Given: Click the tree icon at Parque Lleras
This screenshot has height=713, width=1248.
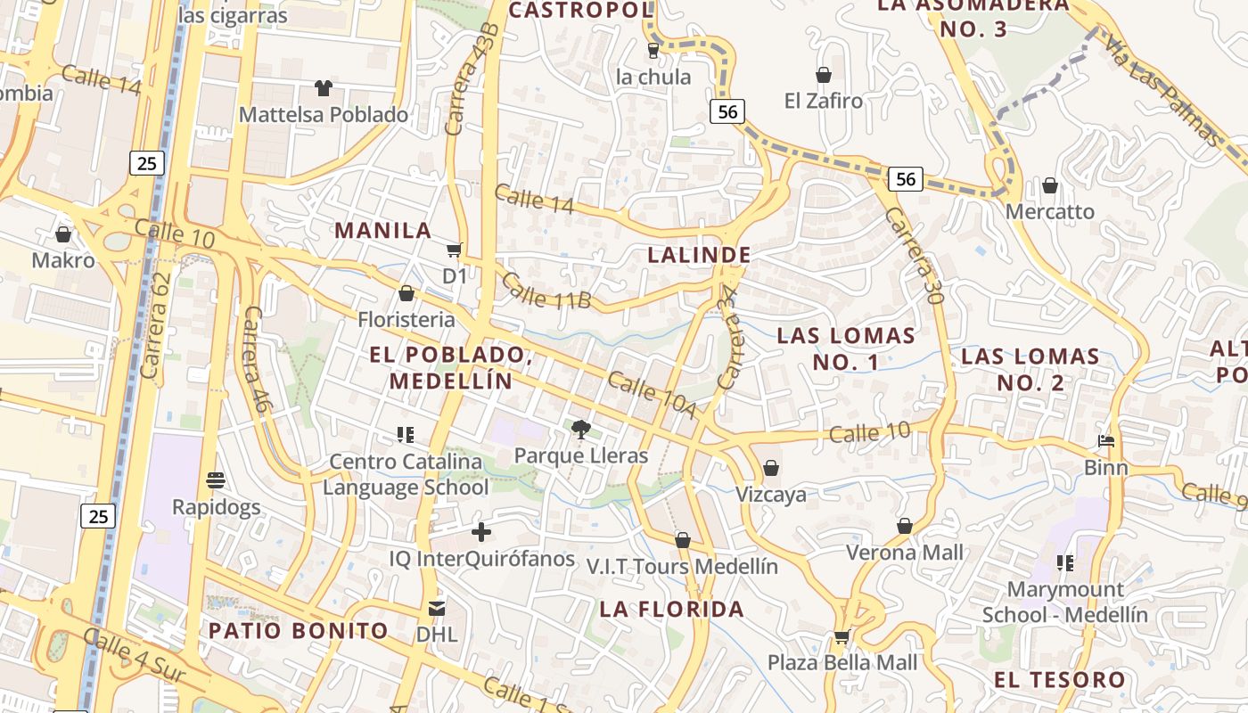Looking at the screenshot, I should tap(580, 430).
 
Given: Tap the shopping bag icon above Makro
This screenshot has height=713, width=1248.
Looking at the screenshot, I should tap(63, 234).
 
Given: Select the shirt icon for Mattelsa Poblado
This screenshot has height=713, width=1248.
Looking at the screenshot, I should tap(323, 88).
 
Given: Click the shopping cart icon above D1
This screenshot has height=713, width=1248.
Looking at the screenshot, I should tap(455, 250).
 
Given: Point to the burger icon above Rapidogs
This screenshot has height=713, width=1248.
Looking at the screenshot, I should tap(215, 480).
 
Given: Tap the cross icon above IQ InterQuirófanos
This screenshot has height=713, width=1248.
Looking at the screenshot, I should tap(481, 532).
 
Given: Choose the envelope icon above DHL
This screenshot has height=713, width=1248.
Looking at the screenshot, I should tap(437, 609).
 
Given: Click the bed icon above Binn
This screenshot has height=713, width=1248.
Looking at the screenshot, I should tap(1105, 441).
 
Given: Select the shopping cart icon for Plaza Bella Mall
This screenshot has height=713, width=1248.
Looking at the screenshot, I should tap(842, 636).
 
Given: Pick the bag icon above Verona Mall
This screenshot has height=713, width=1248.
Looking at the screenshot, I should tap(905, 526).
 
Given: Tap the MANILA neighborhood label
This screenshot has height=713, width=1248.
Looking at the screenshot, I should tap(382, 230).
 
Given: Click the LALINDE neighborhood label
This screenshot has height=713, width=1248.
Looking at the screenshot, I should tap(699, 255).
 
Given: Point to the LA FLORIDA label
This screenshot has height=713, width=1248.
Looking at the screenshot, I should tap(671, 610).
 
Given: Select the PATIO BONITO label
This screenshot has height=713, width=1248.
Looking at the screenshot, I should tap(299, 631).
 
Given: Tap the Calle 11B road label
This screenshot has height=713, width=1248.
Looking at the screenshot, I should tap(546, 291).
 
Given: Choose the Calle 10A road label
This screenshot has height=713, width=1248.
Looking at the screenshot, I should tap(651, 394).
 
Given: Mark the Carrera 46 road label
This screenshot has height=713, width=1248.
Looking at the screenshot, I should tap(255, 358).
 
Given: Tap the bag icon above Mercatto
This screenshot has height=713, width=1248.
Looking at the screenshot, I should tap(1050, 185).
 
